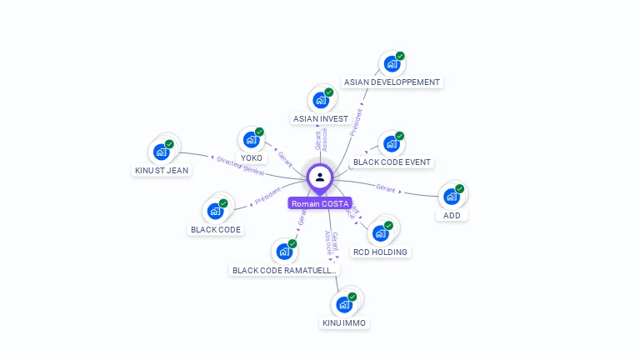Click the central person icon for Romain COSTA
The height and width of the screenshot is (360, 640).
click(x=320, y=177)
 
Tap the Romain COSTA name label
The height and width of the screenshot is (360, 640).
click(x=320, y=203)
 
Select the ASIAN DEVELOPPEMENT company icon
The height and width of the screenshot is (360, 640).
click(x=391, y=64)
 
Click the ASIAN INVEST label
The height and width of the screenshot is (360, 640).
click(x=321, y=119)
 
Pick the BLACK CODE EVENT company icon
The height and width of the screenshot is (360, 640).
click(x=391, y=144)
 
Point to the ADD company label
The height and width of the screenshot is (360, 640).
click(x=452, y=215)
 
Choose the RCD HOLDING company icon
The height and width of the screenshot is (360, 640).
click(x=380, y=233)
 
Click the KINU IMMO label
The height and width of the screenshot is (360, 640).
click(x=343, y=322)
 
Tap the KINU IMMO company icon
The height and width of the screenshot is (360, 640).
click(x=343, y=304)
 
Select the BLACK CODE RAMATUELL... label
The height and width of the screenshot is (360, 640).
click(x=285, y=270)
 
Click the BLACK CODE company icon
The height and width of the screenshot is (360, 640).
click(x=215, y=211)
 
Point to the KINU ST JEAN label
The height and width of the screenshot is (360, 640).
click(x=162, y=171)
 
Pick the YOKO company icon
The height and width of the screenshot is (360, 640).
click(x=251, y=140)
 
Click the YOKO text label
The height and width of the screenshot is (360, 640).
click(x=251, y=157)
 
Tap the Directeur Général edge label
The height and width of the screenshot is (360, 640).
click(x=240, y=167)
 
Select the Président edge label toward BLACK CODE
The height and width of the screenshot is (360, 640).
click(x=267, y=197)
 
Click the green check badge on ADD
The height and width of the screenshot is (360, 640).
click(x=460, y=187)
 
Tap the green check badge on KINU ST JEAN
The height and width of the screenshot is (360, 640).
click(x=169, y=144)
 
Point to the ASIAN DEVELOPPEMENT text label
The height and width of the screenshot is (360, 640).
click(x=392, y=82)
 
